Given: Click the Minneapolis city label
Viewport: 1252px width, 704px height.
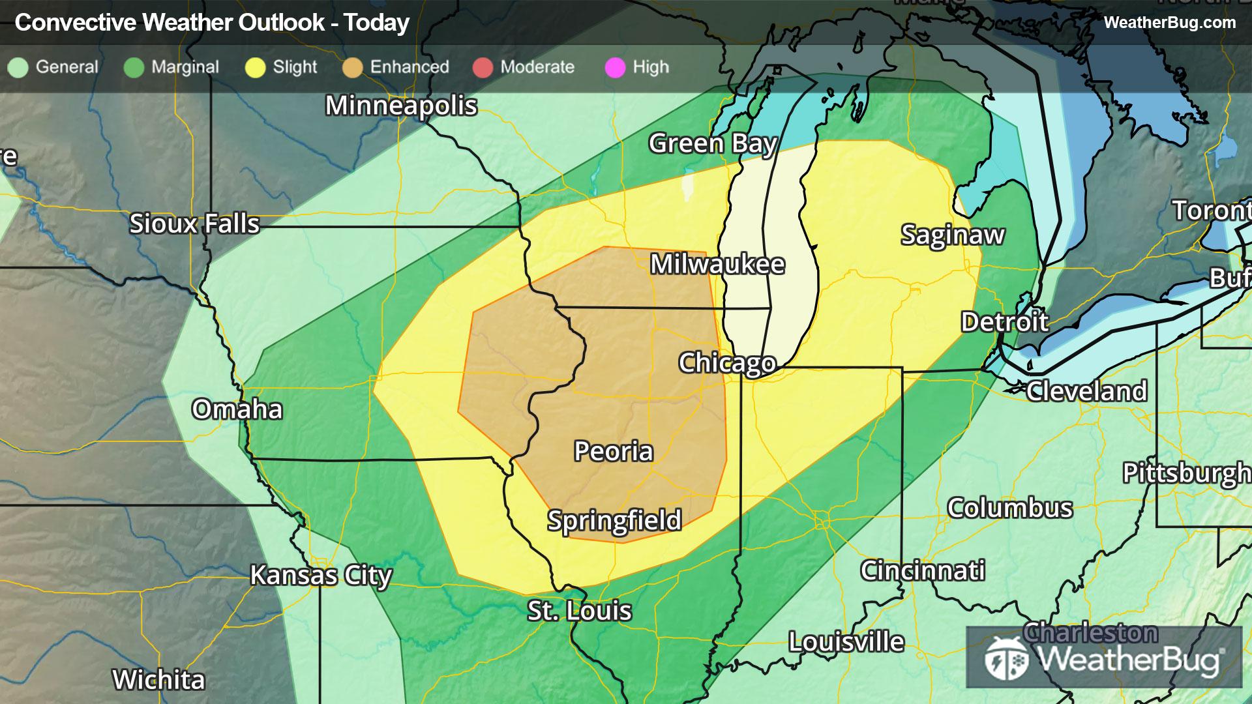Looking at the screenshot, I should [401, 106].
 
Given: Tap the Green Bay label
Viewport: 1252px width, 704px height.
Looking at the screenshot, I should [713, 143].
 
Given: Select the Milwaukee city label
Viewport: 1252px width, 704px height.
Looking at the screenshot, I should [717, 264].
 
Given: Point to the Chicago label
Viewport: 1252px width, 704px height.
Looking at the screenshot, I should [727, 362].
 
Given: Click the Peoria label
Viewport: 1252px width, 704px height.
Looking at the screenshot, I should [613, 451].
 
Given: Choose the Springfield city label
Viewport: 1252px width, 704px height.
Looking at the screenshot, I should [614, 520].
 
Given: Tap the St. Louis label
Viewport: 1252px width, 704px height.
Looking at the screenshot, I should [579, 611].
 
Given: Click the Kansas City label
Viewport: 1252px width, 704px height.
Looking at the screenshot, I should [321, 576].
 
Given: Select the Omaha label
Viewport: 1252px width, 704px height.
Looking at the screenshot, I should [237, 409].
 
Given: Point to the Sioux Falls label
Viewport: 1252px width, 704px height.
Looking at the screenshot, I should [194, 224].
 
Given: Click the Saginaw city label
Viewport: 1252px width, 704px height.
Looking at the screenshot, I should [953, 235].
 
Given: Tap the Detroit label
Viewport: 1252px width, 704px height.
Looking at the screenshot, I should [1004, 321].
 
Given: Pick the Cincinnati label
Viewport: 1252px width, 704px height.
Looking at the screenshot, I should [923, 570].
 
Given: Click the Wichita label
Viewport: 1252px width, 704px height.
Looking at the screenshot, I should [158, 680].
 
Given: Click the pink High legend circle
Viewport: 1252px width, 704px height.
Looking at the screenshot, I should [615, 68].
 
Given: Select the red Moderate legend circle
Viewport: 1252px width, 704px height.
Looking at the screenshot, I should [483, 68].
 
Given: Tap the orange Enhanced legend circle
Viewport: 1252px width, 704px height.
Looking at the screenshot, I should [353, 68].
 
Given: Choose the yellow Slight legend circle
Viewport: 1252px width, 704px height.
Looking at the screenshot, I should [255, 68].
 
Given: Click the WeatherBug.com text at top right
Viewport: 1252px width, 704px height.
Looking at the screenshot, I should [1169, 23].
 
